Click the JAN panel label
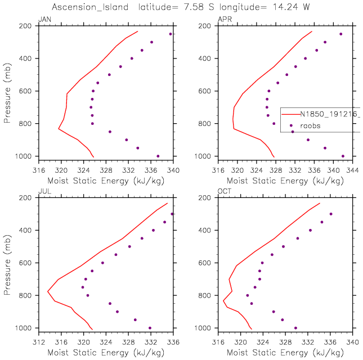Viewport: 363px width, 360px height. pos(43,20)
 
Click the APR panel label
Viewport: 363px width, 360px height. pos(223,20)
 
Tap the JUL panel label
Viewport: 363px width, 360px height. pos(43,192)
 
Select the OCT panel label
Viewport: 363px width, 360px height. pos(223,192)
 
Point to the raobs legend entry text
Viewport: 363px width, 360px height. pos(310,126)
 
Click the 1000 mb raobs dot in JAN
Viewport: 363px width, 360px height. pos(158,156)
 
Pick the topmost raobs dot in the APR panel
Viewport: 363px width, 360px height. pos(340,34)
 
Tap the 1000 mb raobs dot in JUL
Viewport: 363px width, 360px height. pos(150,328)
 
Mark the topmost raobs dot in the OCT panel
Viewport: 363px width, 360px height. pos(331,214)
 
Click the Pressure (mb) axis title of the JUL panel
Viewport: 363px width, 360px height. pos(7,262)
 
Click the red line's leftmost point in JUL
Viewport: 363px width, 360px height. pos(47,291)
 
